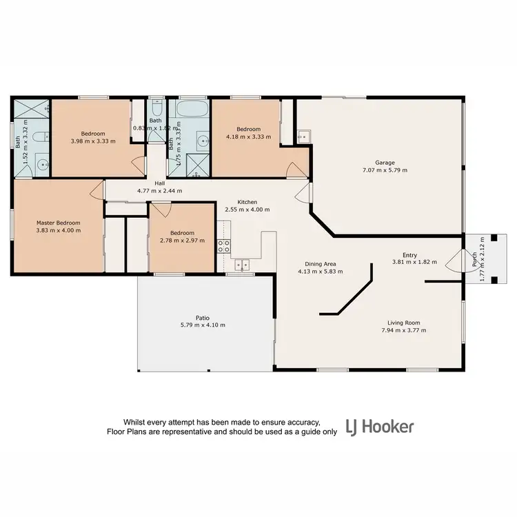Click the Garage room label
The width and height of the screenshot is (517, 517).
(385, 163)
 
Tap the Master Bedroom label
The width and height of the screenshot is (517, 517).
(59, 223)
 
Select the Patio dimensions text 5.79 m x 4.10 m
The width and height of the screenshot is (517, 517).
(202, 325)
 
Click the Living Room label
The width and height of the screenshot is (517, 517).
(403, 323)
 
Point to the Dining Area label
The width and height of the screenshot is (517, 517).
(321, 264)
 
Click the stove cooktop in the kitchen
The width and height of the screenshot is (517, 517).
(224, 245)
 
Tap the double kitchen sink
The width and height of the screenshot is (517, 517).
(241, 263)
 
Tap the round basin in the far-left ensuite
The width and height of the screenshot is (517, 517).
(41, 165)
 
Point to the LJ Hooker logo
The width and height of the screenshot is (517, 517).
(379, 427)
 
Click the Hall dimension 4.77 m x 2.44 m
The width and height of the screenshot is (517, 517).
(159, 190)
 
